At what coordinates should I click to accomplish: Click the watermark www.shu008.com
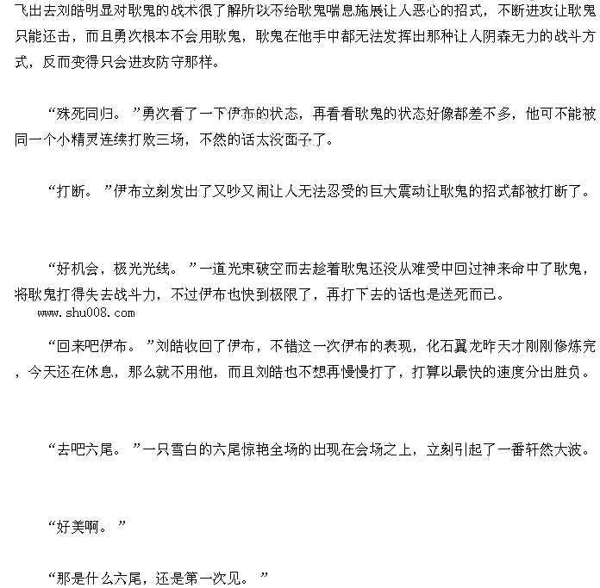[x=87, y=313]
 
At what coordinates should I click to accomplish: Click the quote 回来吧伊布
[x=95, y=347]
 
